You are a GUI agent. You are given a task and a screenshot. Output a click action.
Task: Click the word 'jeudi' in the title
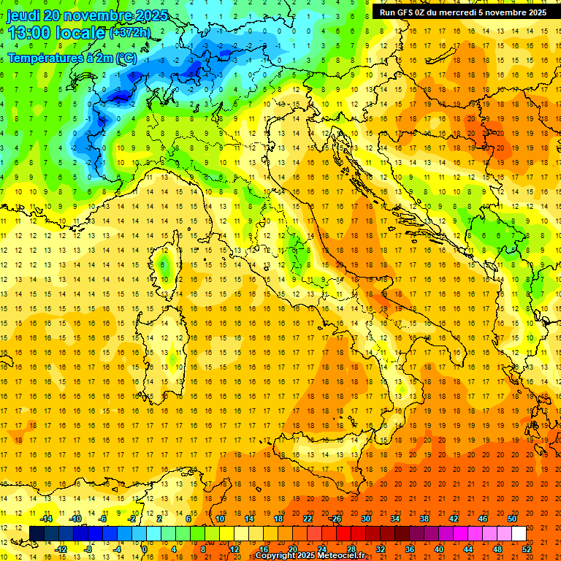pyautogui.click(x=23, y=15)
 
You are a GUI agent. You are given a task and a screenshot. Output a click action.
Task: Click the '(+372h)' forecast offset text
pyautogui.click(x=130, y=33)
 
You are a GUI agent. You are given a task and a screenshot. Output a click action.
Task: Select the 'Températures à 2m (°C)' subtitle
pyautogui.click(x=72, y=58)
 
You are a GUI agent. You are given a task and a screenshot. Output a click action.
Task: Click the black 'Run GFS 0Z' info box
pyautogui.click(x=463, y=12)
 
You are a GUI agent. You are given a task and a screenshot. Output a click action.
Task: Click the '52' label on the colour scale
pyautogui.click(x=527, y=549)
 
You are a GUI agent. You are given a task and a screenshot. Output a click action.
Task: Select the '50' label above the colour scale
pyautogui.click(x=512, y=519)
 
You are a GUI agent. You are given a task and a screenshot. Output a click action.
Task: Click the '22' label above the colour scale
pyautogui.click(x=308, y=519)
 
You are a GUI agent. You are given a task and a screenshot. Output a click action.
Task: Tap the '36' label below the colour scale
pyautogui.click(x=410, y=549)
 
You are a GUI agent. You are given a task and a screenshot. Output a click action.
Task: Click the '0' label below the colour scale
pyautogui.click(x=145, y=549)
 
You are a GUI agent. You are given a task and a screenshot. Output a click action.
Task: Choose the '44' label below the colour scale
pyautogui.click(x=468, y=549)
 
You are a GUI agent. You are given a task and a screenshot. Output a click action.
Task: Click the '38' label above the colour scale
pyautogui.click(x=424, y=519)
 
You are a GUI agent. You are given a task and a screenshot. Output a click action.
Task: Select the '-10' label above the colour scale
pyautogui.click(x=75, y=519)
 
